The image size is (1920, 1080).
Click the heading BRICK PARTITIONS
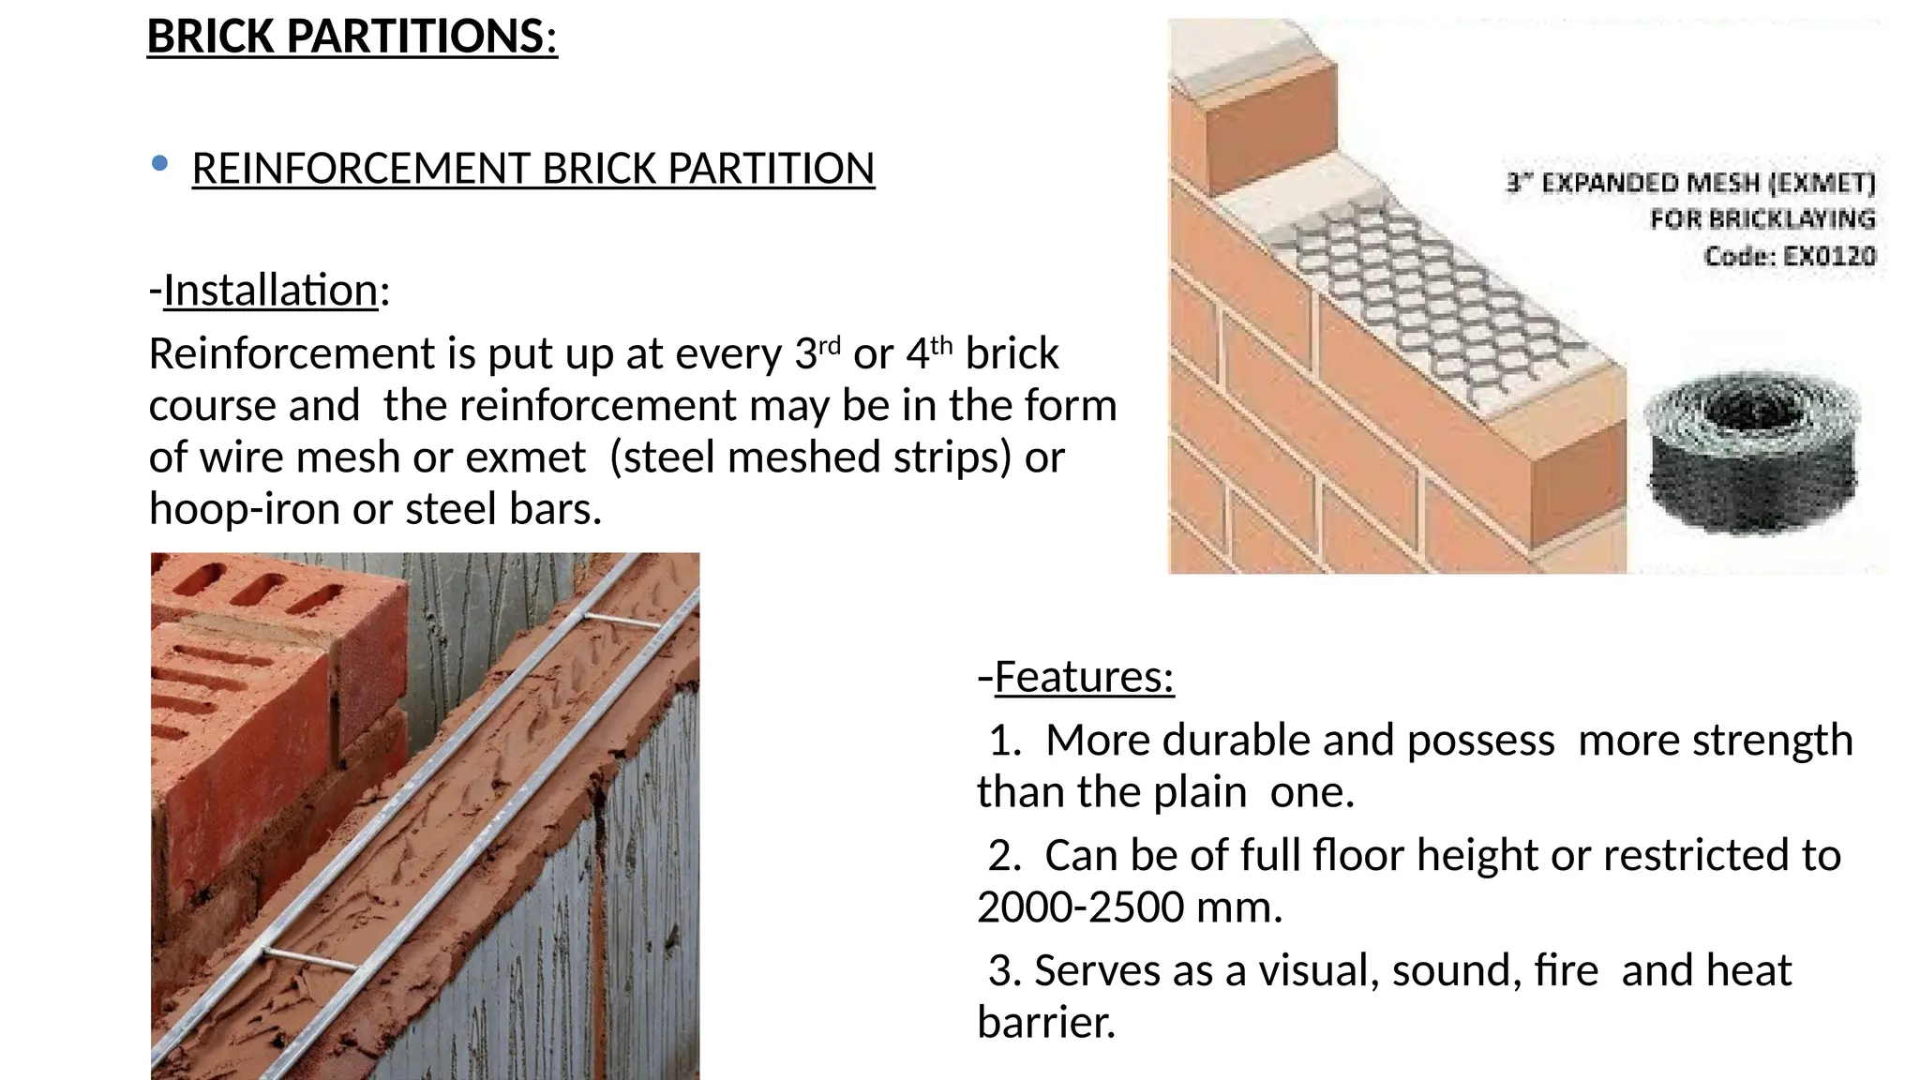click(352, 37)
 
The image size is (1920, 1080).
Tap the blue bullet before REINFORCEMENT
click(159, 164)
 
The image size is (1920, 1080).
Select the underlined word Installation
click(271, 291)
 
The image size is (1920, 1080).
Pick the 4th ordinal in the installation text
click(929, 353)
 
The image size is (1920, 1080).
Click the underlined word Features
click(1084, 677)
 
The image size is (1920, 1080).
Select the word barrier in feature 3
click(1045, 1022)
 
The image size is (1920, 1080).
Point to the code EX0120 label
click(1790, 256)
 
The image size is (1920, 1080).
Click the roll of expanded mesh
click(1751, 455)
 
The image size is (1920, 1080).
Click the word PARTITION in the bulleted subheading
click(771, 170)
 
